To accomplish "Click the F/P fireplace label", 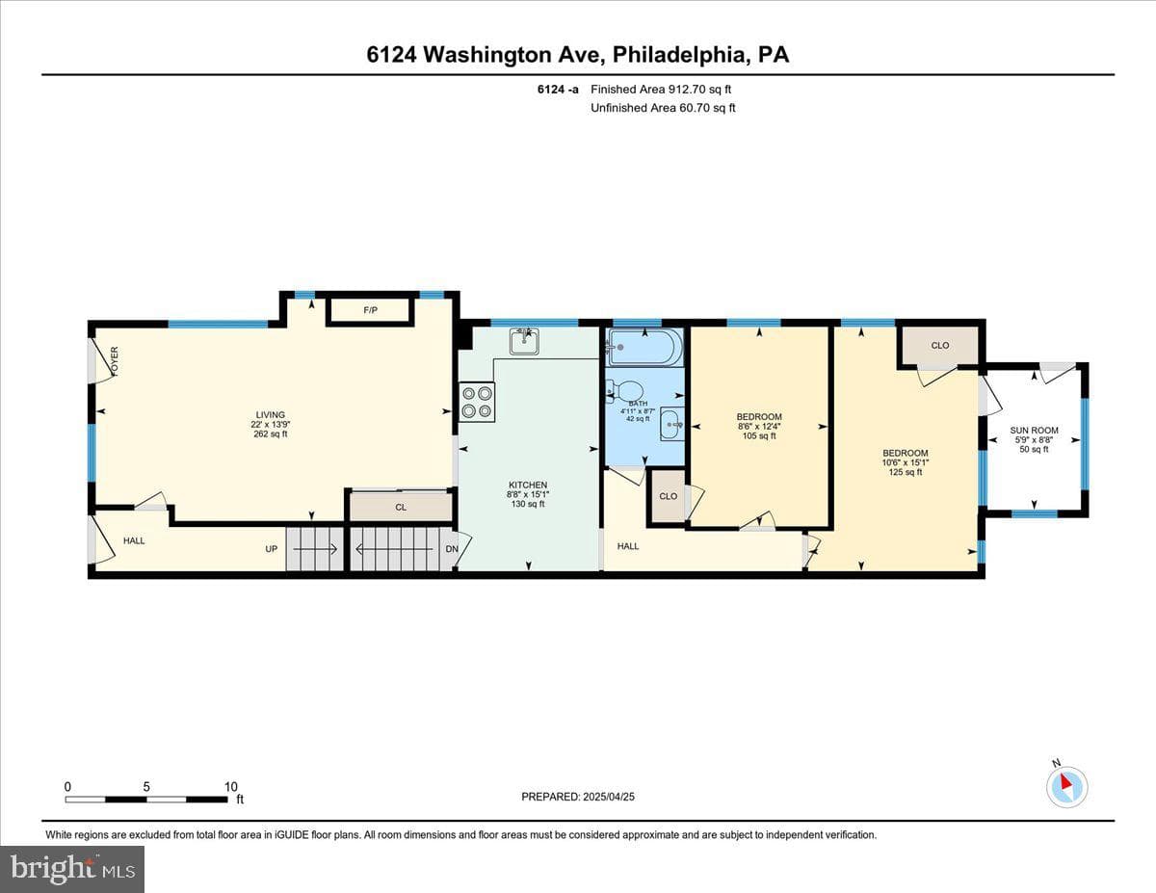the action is (x=370, y=310).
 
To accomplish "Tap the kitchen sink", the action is (x=525, y=341).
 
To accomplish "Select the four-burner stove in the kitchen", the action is (x=477, y=402).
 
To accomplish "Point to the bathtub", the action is (x=645, y=348).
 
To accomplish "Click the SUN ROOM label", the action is (x=1035, y=431).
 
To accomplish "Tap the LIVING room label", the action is (x=271, y=415).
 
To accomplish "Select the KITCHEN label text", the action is (x=528, y=486).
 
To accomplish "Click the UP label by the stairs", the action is (x=272, y=549).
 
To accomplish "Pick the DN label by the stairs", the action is (x=452, y=549).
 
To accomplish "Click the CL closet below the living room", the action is (x=401, y=508).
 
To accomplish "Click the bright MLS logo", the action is (x=72, y=869).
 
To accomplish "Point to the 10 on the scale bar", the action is (x=231, y=787).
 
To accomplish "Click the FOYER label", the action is (x=115, y=360).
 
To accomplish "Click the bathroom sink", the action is (x=672, y=425).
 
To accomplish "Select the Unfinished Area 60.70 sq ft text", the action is (x=663, y=108).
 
